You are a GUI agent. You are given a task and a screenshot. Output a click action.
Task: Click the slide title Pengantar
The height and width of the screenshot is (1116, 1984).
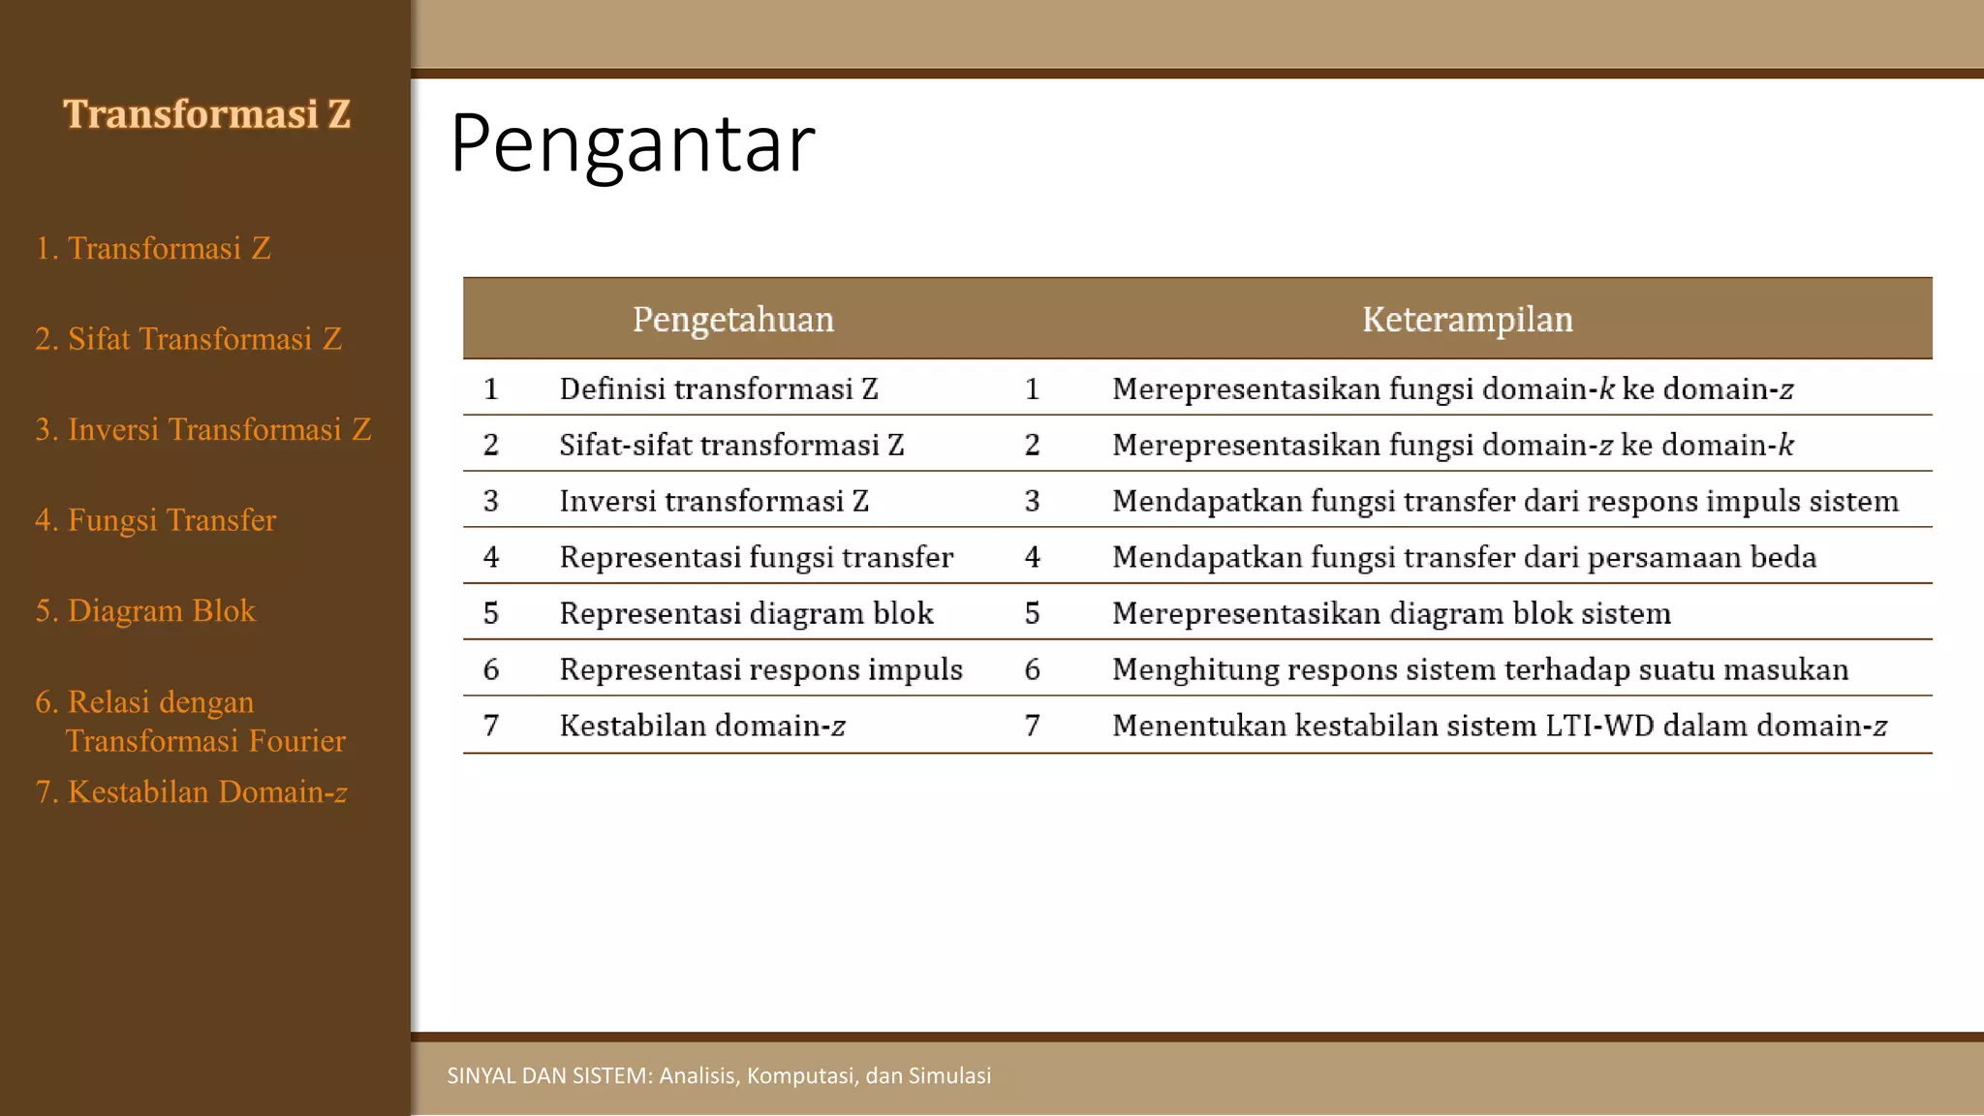coord(633,144)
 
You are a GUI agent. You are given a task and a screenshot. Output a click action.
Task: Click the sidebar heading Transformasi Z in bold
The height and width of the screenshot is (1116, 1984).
coord(206,114)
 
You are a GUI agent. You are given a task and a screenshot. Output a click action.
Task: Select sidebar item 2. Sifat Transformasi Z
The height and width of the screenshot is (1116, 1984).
coord(189,339)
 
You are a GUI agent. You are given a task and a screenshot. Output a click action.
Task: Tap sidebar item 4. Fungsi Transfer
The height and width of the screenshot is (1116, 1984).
coord(156,520)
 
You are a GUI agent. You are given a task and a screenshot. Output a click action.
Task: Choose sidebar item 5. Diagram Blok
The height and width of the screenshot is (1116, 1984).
coord(145,611)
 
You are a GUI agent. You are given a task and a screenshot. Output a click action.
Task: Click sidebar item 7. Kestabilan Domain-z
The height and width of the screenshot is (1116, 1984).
coord(191,792)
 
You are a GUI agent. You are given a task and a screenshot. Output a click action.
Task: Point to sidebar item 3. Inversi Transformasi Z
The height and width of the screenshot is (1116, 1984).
coord(203,429)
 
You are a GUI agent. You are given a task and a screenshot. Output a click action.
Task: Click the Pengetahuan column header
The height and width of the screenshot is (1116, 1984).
coord(733,320)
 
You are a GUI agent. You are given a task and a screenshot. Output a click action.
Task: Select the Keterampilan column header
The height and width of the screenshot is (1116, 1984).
coord(1467,320)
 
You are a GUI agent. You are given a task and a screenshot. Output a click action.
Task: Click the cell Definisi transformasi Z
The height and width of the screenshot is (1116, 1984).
coord(719,389)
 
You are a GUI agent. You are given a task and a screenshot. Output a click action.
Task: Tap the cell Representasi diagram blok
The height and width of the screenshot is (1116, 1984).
coord(746,614)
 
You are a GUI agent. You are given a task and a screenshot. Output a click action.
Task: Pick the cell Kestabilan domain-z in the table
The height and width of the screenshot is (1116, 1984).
coord(702,727)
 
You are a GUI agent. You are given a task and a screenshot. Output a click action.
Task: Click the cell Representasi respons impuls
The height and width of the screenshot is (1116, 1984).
coord(760,670)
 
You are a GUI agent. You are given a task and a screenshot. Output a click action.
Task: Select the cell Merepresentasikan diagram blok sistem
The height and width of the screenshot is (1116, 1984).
coord(1391,614)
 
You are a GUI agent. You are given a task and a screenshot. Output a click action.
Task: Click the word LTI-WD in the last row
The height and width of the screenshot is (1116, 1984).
coord(1599,727)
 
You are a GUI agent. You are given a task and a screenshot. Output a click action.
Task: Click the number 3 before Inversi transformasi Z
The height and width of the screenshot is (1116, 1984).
coord(491,502)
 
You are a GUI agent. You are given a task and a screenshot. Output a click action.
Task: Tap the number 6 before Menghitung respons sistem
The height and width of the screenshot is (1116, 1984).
coord(1033,670)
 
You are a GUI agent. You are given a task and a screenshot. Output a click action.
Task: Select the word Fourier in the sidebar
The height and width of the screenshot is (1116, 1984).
coord(297,741)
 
